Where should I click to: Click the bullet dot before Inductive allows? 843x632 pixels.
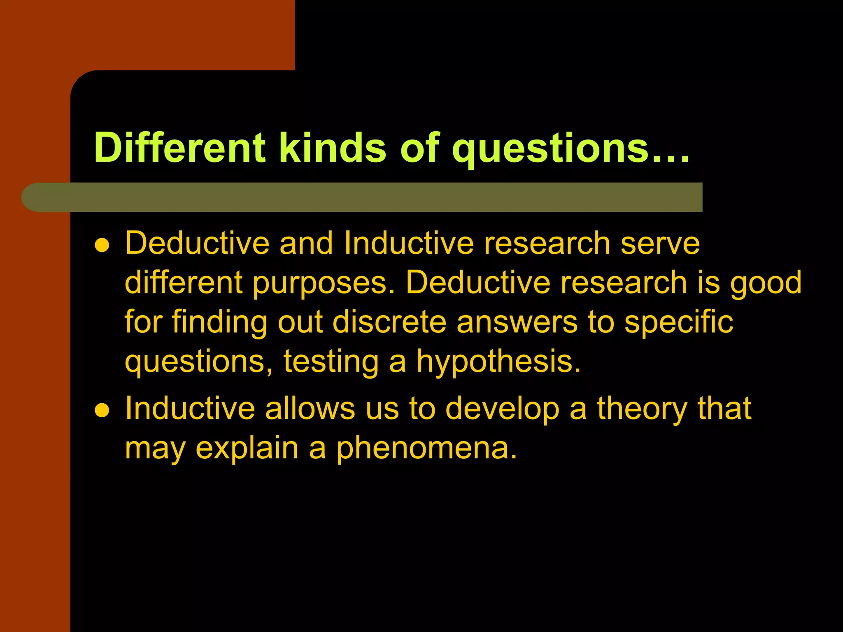coord(102,410)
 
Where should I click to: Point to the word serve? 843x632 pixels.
coord(660,243)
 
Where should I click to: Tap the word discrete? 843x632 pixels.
coord(389,322)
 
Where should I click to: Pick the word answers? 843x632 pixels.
coord(517,322)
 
